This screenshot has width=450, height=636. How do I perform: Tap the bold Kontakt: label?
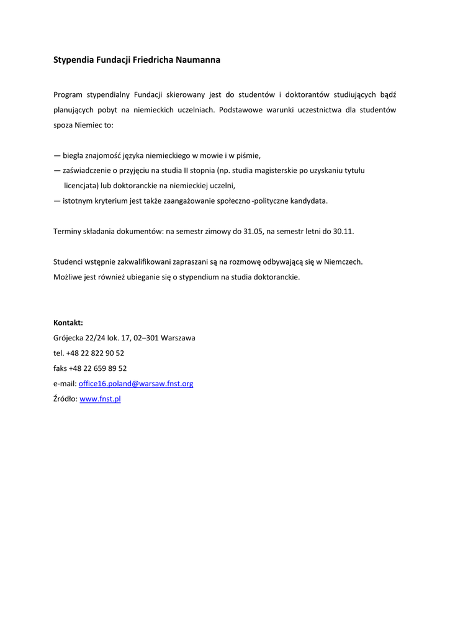68,323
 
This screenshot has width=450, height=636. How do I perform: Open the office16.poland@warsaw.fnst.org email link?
136,384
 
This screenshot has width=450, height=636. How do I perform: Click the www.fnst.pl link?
100,399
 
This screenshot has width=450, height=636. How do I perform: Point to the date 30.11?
343,231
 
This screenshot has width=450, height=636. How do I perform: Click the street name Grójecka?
68,338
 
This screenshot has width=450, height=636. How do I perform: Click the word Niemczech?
344,261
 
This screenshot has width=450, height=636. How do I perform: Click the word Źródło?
65,399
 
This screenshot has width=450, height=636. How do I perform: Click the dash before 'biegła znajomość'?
57,155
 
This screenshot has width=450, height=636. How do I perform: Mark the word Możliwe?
68,277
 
